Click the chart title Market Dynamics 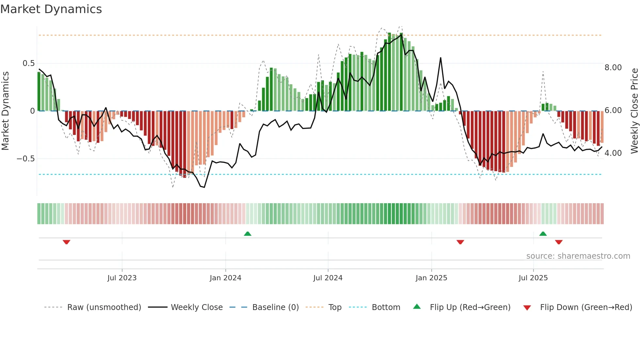[x=51, y=9]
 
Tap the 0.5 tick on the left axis [x=28, y=63]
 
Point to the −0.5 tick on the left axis [x=25, y=159]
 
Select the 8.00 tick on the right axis [x=613, y=68]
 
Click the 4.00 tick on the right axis [x=613, y=153]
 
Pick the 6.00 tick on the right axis [x=613, y=110]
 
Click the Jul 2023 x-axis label [x=122, y=278]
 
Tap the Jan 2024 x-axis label [x=225, y=278]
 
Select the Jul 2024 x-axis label [x=328, y=278]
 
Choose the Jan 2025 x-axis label [x=431, y=278]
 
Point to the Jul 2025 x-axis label [x=533, y=278]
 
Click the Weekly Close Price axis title [x=634, y=111]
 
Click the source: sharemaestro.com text [x=578, y=256]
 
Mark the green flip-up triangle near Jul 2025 [x=543, y=234]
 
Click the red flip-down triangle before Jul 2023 [x=66, y=242]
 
